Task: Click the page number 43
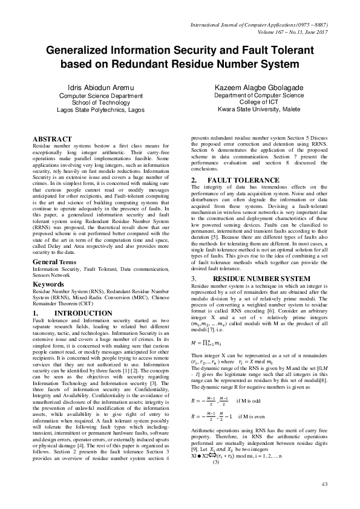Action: [x=324, y=484]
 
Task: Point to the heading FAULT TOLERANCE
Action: [x=244, y=180]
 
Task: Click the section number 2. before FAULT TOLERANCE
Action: [x=194, y=180]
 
